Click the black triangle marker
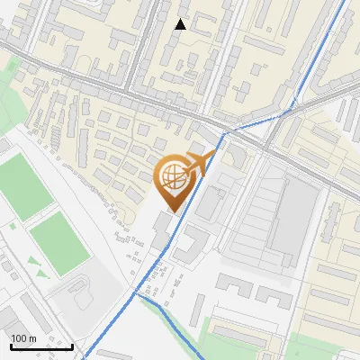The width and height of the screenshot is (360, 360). pos(181,24)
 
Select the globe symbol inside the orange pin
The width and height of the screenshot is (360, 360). pos(173,179)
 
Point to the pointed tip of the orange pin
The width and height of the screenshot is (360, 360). pos(172,211)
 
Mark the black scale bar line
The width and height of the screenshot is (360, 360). pos(41,346)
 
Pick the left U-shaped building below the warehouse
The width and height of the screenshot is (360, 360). pos(233,288)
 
